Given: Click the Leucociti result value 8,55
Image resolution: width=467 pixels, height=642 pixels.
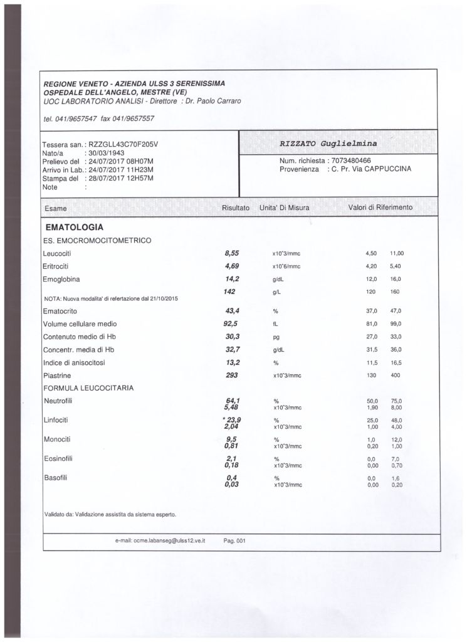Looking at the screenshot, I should click(x=232, y=253).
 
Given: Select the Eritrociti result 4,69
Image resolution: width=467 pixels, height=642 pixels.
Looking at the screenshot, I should click(x=232, y=266).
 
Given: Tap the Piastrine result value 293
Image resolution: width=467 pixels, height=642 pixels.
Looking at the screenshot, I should click(x=232, y=375).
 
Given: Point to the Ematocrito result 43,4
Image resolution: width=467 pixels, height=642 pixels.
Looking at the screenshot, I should click(x=233, y=311).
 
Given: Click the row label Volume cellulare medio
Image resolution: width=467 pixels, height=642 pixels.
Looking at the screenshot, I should click(x=80, y=324).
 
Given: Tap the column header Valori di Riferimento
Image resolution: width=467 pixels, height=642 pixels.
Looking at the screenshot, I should click(x=380, y=207).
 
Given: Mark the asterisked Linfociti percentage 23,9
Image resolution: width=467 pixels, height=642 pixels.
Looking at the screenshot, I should click(x=233, y=419).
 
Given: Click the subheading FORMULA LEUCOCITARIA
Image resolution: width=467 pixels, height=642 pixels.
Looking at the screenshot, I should click(x=88, y=388).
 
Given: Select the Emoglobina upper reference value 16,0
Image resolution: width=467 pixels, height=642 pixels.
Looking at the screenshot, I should click(x=396, y=279).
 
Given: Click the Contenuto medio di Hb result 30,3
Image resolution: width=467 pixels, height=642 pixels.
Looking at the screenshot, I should click(x=233, y=337).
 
